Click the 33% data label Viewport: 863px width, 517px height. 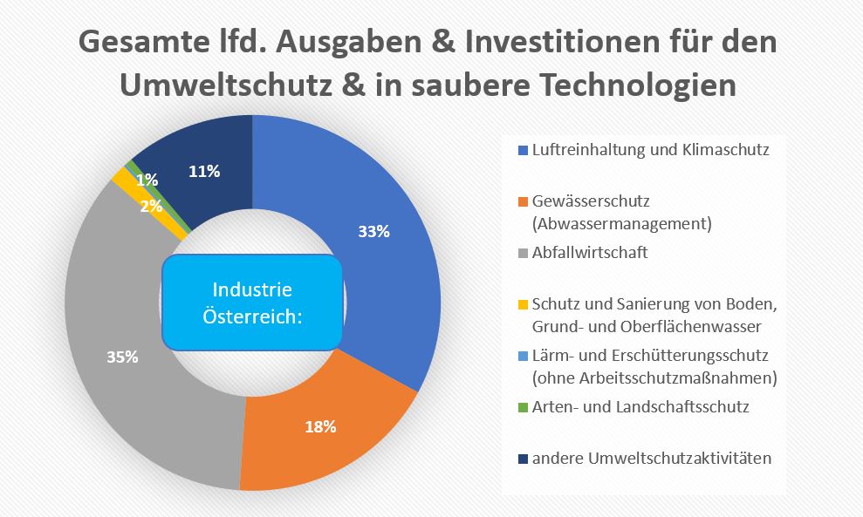373,232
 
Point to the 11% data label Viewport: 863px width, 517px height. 204,171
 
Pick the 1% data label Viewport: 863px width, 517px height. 147,180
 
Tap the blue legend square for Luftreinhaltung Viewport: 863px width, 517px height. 523,150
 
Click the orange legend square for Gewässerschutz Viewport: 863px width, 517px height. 523,201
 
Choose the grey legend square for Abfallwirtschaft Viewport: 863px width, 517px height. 523,253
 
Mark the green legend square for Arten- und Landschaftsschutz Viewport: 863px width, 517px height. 523,407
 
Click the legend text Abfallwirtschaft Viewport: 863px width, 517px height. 590,253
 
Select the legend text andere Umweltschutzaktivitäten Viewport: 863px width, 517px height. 651,458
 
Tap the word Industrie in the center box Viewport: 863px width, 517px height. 252,289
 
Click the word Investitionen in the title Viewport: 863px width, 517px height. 516,43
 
